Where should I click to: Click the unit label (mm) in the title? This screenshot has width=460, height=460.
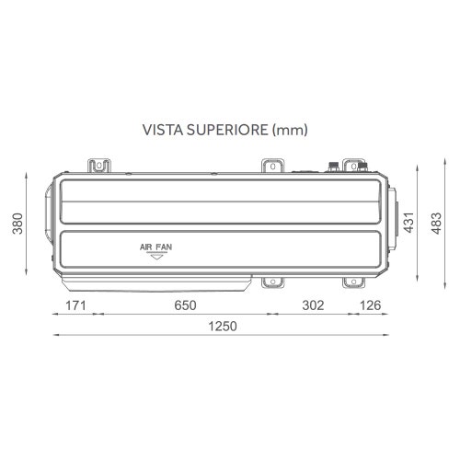[x=290, y=130]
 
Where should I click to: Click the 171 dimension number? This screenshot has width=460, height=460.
[x=75, y=305]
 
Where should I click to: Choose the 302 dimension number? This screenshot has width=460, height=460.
[x=314, y=305]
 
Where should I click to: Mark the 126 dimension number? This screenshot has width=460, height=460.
[x=372, y=305]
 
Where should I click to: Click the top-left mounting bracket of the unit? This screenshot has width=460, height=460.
[x=100, y=166]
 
